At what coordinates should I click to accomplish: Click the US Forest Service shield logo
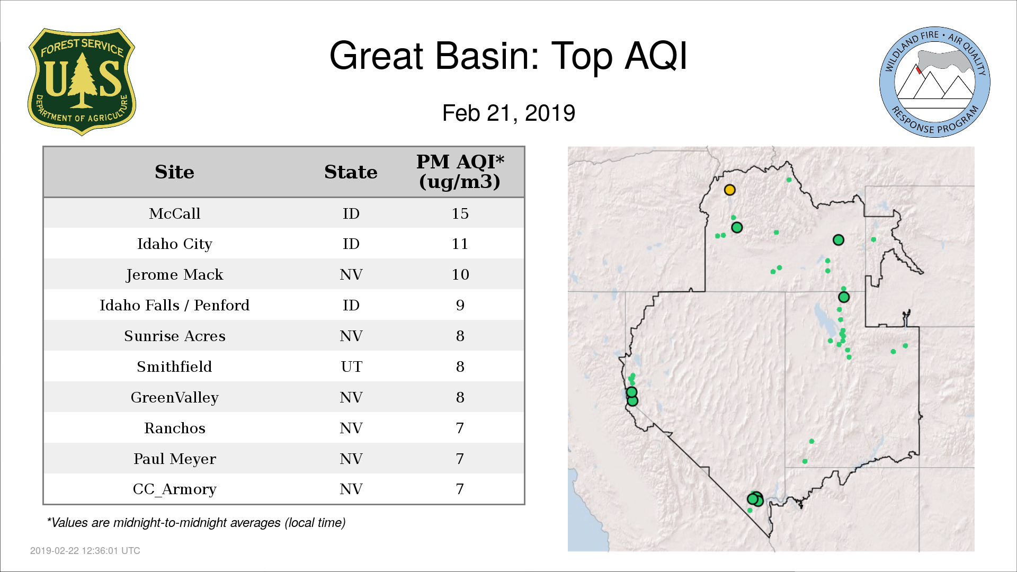(x=82, y=82)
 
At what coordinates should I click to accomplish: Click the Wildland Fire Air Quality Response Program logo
(x=934, y=82)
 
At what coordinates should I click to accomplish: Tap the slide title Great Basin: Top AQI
(x=508, y=56)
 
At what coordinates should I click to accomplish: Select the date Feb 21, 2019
(x=508, y=113)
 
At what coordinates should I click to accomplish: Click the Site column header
(x=174, y=172)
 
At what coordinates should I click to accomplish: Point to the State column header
(x=351, y=172)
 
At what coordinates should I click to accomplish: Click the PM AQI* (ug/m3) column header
(x=460, y=172)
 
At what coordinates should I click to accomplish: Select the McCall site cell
(x=174, y=213)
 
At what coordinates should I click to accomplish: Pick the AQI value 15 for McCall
(x=460, y=213)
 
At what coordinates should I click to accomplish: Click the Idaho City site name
(x=174, y=244)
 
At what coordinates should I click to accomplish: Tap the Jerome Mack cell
(x=174, y=275)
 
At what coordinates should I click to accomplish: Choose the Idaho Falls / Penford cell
(x=174, y=306)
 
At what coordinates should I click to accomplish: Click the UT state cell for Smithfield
(x=351, y=367)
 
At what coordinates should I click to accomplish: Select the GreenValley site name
(x=174, y=398)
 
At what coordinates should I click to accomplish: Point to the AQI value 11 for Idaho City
(x=460, y=244)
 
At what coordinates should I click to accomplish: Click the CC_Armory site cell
(x=174, y=489)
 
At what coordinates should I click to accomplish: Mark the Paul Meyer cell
(x=174, y=459)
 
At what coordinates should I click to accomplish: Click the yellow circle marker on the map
(x=729, y=190)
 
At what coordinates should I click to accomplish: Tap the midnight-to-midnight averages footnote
(x=196, y=523)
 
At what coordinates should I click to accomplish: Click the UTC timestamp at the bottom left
(x=85, y=551)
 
